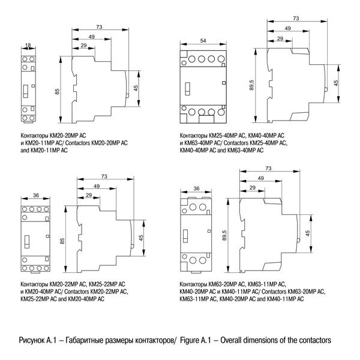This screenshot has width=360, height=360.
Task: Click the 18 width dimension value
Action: (x=28, y=44)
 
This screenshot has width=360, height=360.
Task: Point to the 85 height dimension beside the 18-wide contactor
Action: (x=58, y=91)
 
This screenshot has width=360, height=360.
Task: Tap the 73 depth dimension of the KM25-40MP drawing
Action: (x=295, y=19)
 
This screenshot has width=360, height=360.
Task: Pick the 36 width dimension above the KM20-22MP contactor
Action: (x=35, y=196)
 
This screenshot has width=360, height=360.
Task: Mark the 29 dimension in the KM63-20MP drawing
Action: (x=252, y=188)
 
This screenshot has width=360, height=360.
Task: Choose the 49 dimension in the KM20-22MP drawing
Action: (x=96, y=187)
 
